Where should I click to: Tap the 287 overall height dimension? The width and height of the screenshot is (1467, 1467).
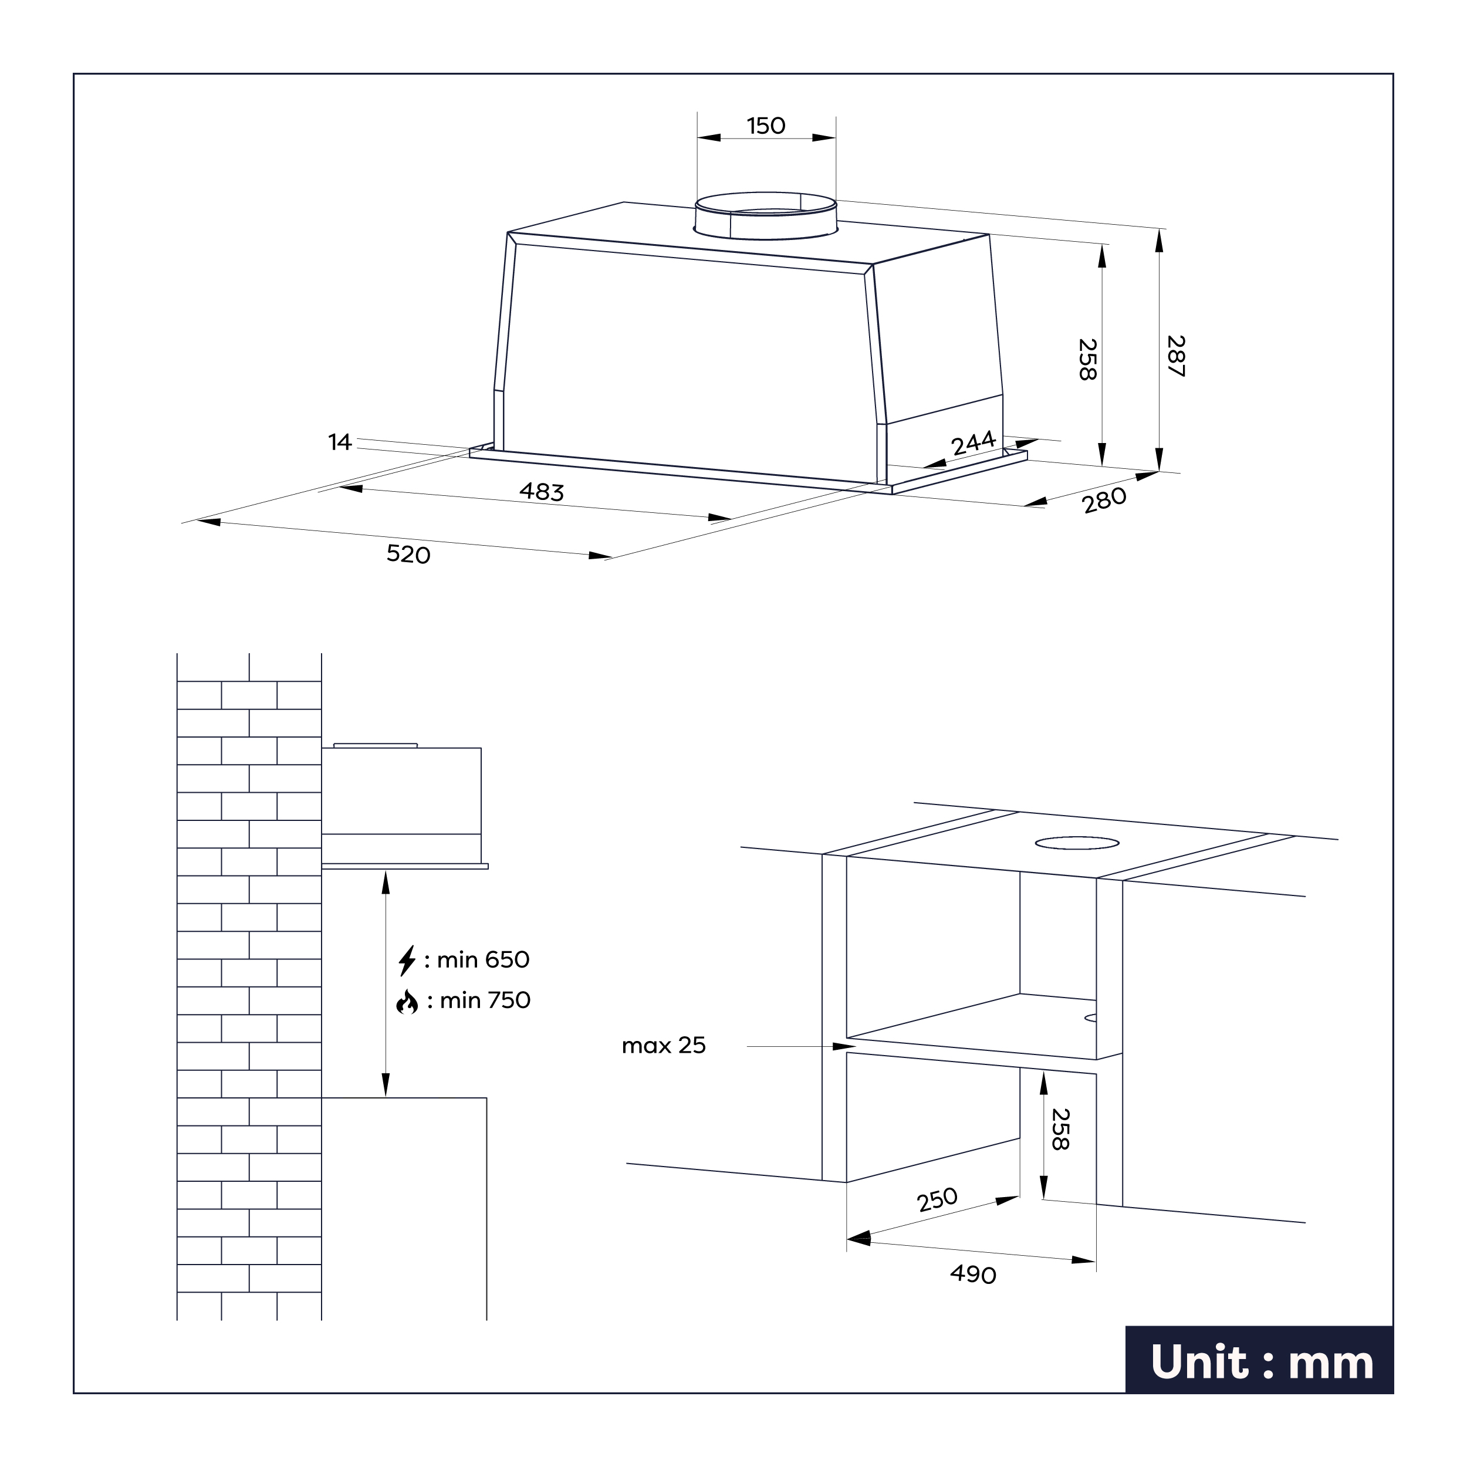(1175, 356)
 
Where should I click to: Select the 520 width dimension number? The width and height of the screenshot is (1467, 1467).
(408, 555)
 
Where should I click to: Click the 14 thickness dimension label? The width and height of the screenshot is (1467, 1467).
(339, 442)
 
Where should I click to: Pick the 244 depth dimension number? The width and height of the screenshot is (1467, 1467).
(974, 442)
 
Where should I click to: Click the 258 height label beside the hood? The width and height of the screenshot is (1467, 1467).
(1087, 359)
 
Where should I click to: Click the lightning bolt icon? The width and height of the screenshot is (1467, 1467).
(407, 961)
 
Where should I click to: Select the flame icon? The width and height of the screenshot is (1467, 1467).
(407, 1002)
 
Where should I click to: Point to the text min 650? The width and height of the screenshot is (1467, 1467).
(483, 960)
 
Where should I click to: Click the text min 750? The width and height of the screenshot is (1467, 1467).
(485, 1000)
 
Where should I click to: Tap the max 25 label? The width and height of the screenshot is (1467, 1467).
(664, 1046)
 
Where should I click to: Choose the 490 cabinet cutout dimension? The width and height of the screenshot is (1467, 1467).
(973, 1274)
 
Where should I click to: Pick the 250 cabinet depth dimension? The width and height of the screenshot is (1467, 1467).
(937, 1201)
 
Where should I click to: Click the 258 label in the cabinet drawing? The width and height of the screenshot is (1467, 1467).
(1060, 1129)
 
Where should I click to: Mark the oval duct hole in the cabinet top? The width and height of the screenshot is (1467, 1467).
(1077, 843)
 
